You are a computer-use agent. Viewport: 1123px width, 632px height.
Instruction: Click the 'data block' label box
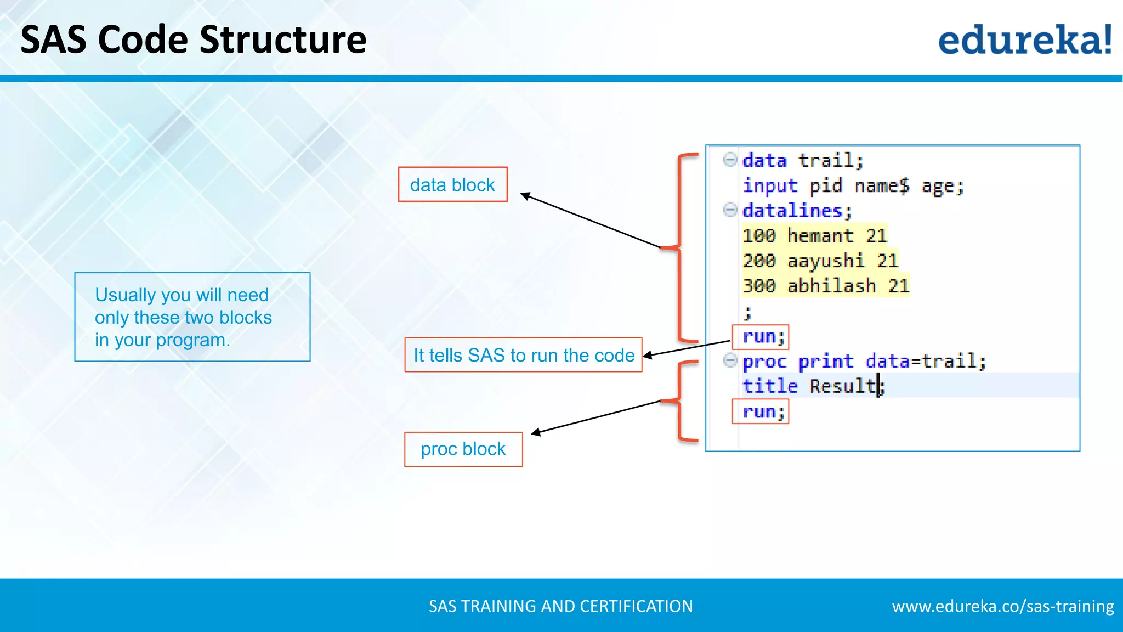tap(452, 185)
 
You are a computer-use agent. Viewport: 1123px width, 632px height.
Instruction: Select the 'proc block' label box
tap(463, 449)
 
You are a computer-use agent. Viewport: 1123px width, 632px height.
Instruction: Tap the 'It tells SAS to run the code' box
tap(523, 356)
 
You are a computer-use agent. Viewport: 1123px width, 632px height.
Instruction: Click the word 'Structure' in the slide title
tap(283, 40)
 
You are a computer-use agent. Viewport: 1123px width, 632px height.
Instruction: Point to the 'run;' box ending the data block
tap(761, 336)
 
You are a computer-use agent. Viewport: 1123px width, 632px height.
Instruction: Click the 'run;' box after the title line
tap(761, 411)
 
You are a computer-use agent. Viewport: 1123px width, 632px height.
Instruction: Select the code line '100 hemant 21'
tap(814, 236)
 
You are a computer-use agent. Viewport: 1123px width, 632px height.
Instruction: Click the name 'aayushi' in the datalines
tap(826, 261)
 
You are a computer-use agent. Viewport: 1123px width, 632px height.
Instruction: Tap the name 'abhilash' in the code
tap(831, 286)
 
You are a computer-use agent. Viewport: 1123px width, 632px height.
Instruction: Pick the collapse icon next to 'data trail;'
tap(730, 160)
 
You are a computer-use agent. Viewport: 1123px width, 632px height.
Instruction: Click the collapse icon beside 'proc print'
tap(730, 360)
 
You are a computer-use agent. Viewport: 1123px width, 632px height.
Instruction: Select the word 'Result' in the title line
tap(843, 386)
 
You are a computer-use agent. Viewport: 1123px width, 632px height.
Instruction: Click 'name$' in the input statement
tap(882, 186)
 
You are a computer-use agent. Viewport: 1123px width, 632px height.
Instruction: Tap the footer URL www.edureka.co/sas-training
tap(1002, 606)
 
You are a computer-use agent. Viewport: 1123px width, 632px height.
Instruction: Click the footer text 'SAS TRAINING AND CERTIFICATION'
tap(560, 606)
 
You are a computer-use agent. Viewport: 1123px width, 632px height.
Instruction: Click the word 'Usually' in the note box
tap(125, 295)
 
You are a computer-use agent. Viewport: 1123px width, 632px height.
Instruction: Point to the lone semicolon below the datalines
tap(747, 313)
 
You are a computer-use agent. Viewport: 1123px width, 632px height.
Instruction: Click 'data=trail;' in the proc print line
tap(926, 361)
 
